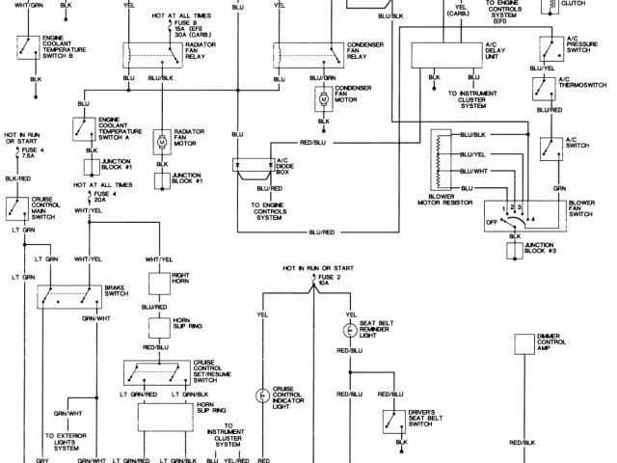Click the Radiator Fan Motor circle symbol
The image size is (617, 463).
[x=162, y=141]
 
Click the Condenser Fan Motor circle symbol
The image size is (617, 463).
[x=324, y=97]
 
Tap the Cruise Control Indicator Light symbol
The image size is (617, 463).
[x=260, y=396]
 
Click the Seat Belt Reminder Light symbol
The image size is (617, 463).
[x=349, y=330]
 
